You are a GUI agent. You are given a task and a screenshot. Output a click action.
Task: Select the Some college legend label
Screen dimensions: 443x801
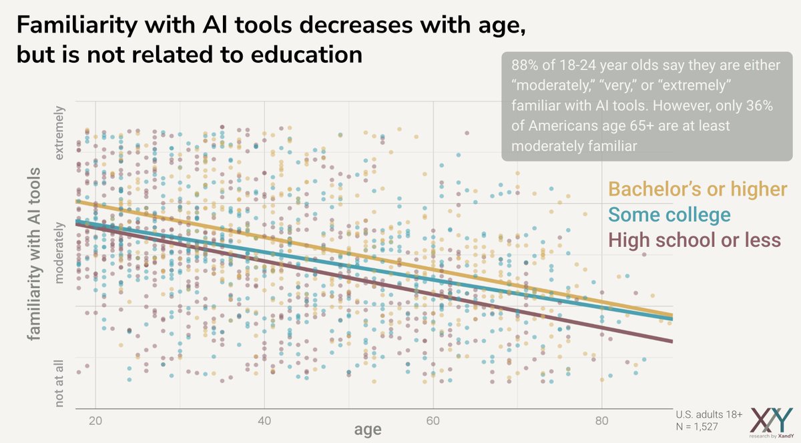coord(670,215)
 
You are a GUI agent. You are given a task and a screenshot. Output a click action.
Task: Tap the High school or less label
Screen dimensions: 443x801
coord(695,240)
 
